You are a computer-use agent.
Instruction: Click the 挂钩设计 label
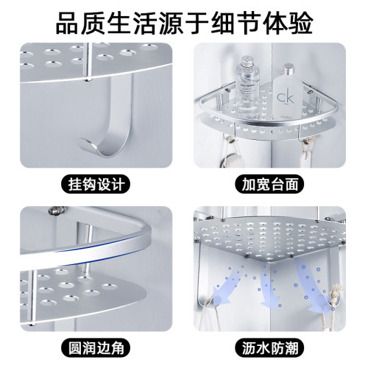96,184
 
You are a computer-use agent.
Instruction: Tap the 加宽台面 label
270,184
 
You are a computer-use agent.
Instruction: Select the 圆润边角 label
96,347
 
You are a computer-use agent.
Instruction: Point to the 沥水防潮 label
270,347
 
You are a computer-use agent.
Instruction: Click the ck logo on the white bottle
285,97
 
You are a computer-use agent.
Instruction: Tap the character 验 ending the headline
300,23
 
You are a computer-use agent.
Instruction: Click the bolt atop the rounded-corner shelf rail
56,210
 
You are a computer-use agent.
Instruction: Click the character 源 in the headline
171,23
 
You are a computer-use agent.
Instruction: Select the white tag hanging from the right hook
307,157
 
